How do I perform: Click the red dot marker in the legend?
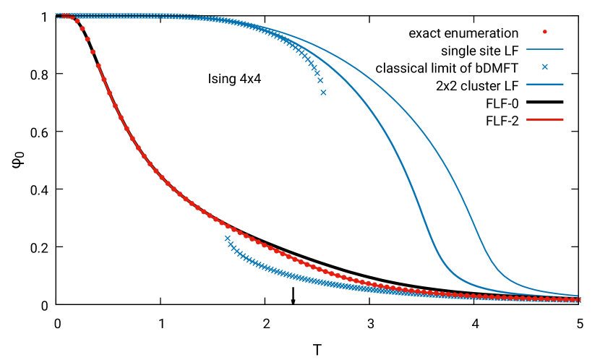[544, 32]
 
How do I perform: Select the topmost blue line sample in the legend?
[544, 49]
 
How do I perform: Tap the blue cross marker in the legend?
[544, 67]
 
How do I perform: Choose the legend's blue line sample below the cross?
[544, 84]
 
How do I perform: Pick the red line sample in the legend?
[544, 119]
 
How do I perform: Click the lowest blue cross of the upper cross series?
[323, 92]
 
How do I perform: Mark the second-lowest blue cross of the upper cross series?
[320, 80]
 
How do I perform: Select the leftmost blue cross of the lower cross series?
[227, 237]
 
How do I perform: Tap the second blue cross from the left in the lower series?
[231, 243]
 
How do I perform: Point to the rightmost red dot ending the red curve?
[580, 299]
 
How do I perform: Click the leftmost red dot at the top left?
[64, 15]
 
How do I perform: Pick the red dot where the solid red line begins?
[98, 66]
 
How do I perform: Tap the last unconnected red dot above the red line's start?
[93, 52]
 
